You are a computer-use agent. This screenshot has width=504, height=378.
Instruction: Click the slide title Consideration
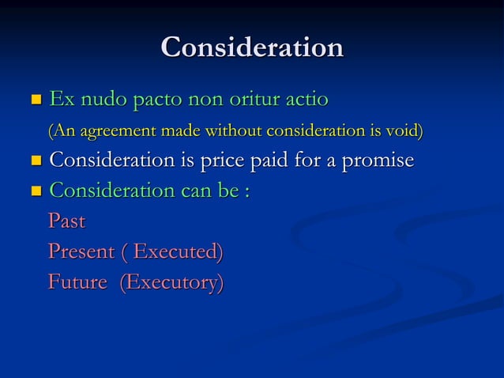(x=252, y=47)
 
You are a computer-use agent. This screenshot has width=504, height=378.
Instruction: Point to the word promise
(x=376, y=161)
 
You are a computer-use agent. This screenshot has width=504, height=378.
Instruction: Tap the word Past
(x=66, y=221)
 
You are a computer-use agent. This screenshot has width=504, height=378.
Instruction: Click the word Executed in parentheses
(x=178, y=252)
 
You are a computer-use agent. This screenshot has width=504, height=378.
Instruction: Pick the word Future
(x=77, y=282)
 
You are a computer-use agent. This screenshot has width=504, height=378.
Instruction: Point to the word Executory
(x=171, y=282)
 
